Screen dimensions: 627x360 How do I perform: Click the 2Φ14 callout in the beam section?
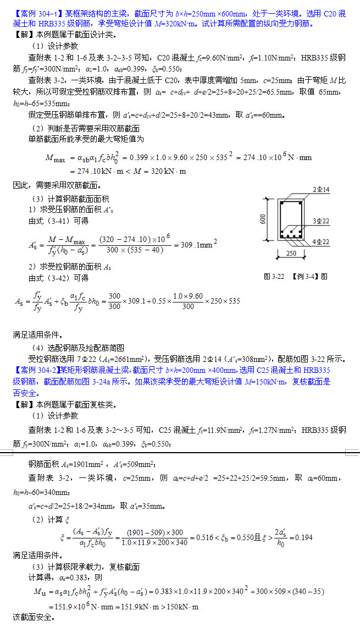[320, 190]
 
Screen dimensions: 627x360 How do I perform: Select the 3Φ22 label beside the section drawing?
[321, 221]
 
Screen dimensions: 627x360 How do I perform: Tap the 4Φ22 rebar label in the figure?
[321, 242]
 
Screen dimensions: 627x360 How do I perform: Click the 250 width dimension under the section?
[291, 254]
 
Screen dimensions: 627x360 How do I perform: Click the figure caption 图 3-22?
[274, 277]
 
